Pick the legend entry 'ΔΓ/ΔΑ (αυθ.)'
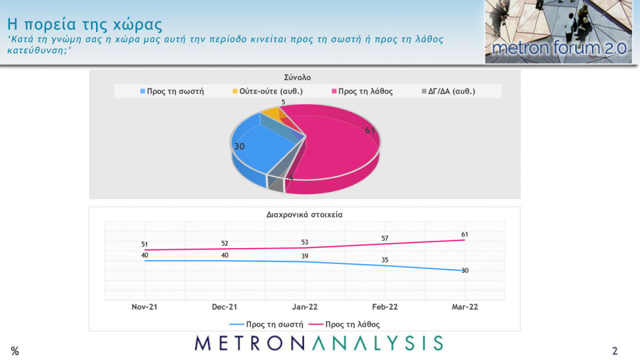tap(448, 91)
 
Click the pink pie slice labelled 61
tap(342, 153)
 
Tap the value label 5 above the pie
tap(283, 103)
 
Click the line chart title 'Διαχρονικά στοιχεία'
tap(304, 215)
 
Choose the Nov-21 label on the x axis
tap(145, 307)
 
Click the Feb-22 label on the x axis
tap(385, 307)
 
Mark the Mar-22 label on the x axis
tap(464, 307)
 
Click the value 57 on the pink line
tap(385, 238)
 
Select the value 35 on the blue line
tap(385, 259)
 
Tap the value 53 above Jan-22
tap(305, 242)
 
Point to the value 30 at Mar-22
tap(464, 271)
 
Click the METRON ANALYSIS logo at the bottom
tap(319, 343)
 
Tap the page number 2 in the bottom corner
tap(615, 351)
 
